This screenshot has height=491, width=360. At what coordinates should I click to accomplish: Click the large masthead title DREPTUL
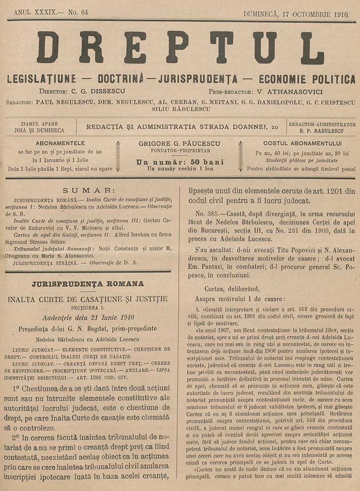click(x=180, y=48)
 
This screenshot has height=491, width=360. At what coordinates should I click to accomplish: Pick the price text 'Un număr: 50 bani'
click(x=180, y=162)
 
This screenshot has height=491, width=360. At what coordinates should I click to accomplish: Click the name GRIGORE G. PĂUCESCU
click(x=180, y=143)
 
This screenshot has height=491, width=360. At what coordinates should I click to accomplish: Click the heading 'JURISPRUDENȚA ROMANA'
click(x=88, y=284)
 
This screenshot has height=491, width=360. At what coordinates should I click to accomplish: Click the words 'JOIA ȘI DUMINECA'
click(x=39, y=131)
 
